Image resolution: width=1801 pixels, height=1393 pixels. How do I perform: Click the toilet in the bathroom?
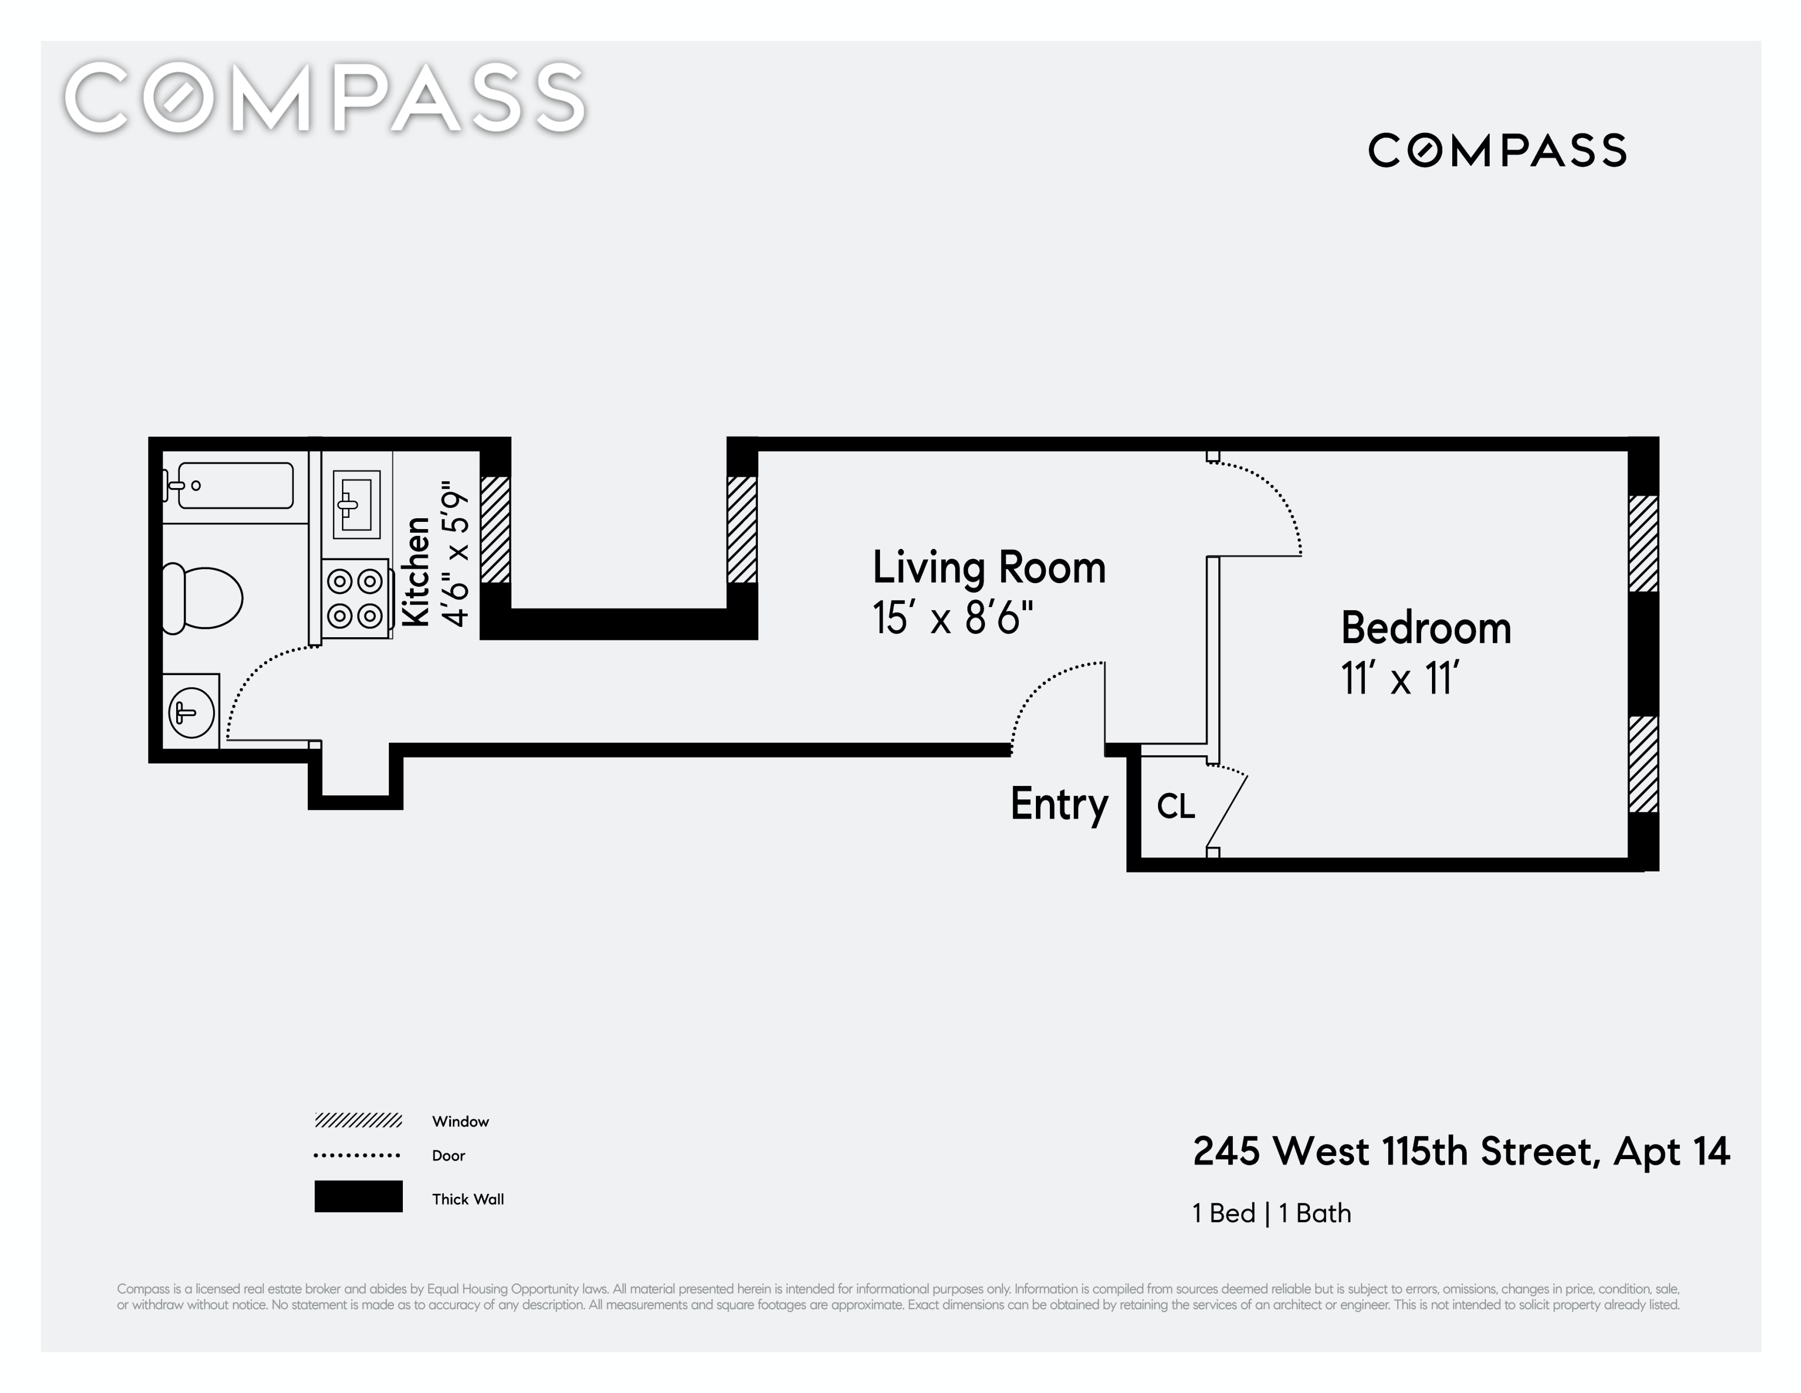pos(202,598)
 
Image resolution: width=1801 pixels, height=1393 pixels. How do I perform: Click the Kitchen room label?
pos(416,572)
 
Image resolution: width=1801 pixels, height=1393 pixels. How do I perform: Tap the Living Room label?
pos(989,568)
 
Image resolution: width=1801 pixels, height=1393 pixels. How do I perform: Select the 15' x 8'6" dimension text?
pos(952,617)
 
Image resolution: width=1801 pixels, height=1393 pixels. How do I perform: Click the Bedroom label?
pos(1426,628)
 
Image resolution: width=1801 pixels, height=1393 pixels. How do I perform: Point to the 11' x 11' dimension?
pos(1400,679)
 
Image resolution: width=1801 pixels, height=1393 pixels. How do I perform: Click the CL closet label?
pos(1176,807)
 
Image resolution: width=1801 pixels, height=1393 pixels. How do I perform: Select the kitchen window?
pos(496,530)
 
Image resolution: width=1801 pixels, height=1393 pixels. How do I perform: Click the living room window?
pos(742,530)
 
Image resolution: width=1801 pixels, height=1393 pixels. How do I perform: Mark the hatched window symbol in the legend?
pos(358,1120)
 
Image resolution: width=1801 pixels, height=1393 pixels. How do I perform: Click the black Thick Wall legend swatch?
pos(359,1196)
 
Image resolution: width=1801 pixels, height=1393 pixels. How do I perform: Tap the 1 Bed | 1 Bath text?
pos(1271,1213)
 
